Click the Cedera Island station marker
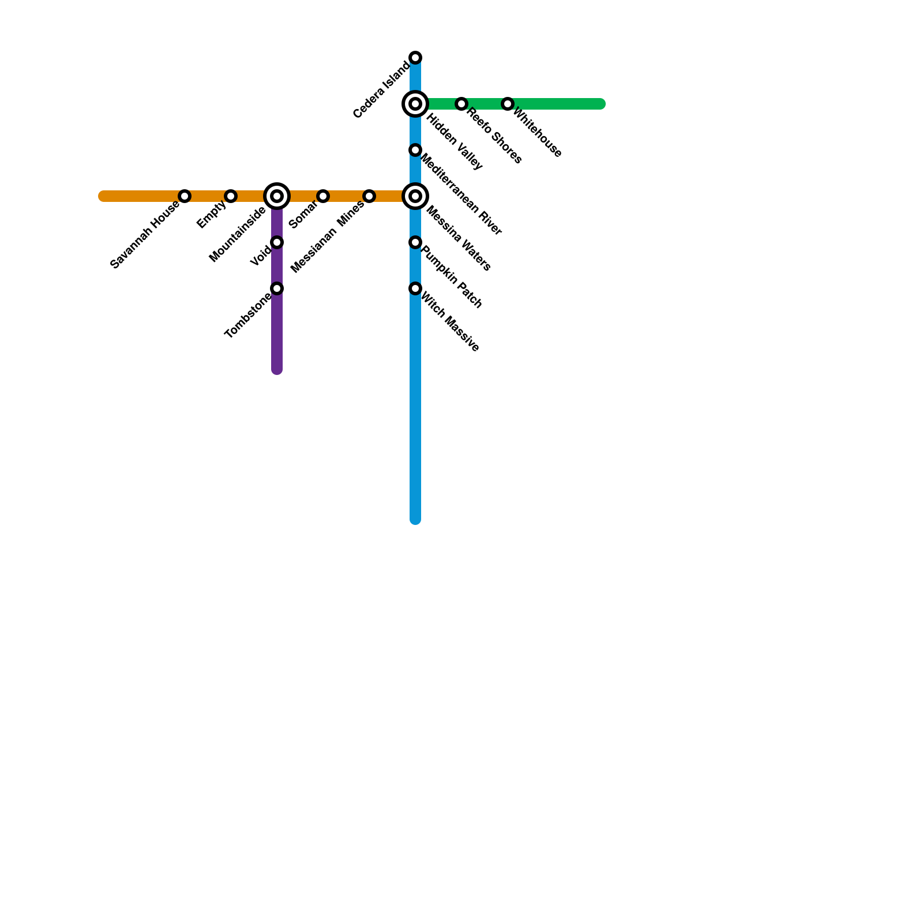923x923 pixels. point(415,58)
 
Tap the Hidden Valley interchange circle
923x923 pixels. point(415,104)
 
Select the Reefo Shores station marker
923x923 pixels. point(461,104)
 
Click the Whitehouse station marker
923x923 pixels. point(508,104)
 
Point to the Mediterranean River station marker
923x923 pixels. point(415,150)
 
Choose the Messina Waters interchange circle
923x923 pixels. point(415,196)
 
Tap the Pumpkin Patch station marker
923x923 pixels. point(415,242)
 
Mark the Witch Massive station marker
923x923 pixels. point(415,288)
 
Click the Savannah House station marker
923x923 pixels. point(185,196)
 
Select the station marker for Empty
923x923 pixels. point(231,196)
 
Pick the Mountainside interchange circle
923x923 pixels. point(277,196)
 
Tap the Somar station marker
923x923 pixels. point(323,196)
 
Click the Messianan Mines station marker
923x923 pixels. point(369,196)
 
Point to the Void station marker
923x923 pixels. point(277,242)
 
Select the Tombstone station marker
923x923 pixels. point(277,288)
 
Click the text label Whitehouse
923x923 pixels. point(537,133)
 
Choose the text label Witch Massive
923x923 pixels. point(450,322)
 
